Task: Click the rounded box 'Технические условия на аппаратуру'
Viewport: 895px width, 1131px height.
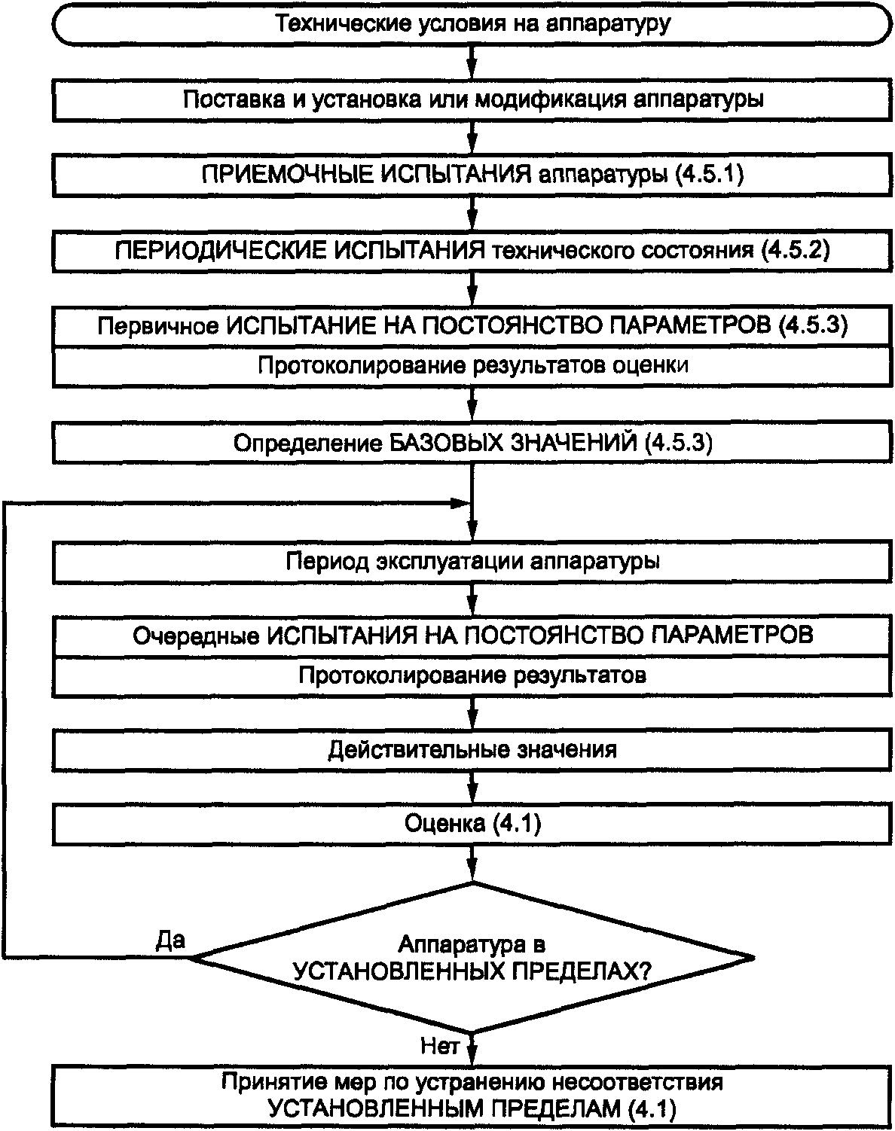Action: pos(472,23)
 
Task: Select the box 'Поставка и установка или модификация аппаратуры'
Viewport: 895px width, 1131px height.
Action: pos(472,99)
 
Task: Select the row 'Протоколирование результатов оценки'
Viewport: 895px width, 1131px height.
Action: pos(472,366)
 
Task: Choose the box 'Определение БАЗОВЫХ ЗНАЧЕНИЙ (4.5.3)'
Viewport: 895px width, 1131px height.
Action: pos(472,443)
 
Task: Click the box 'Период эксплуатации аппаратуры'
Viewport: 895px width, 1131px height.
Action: pos(472,562)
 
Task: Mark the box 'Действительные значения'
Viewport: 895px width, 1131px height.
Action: pos(472,750)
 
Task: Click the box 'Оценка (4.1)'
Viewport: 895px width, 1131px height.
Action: pos(472,824)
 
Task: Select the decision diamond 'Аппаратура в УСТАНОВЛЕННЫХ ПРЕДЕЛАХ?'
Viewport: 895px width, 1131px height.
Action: pos(472,957)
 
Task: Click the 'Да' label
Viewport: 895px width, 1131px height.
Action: pos(170,940)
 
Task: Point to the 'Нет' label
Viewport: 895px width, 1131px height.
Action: pos(439,1046)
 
